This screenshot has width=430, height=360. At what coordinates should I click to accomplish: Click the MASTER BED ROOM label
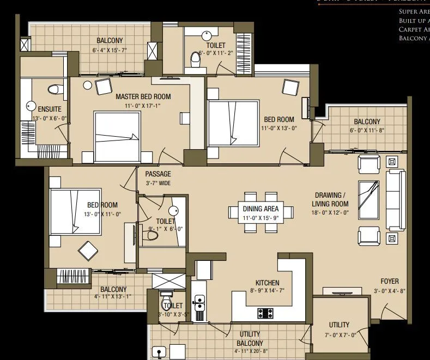coord(143,96)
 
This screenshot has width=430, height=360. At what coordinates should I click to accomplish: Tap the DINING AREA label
coord(261,209)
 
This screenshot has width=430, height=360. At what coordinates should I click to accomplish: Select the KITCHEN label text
coord(267,283)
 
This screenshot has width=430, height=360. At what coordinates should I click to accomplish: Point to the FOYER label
coord(389,282)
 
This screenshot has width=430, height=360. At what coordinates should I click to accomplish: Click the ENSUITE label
coord(50,108)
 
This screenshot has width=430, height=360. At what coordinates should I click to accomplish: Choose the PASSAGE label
coord(158,174)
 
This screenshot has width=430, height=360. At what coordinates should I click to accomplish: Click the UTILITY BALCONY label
coord(250,339)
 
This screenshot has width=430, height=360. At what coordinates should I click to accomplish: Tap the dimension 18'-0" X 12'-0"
coord(330,213)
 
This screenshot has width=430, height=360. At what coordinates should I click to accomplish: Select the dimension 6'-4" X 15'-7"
coord(110,50)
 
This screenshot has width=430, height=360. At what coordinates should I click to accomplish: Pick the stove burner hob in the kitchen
coord(265,313)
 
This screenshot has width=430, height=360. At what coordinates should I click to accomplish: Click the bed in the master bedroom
coord(116,134)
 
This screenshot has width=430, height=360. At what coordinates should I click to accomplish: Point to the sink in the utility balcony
coord(159,352)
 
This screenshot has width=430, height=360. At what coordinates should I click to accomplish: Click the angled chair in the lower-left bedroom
coord(89,251)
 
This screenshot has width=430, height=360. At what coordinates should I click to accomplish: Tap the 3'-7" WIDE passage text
coord(158,184)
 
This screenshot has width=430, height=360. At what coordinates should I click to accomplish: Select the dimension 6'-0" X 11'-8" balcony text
coord(367,131)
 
